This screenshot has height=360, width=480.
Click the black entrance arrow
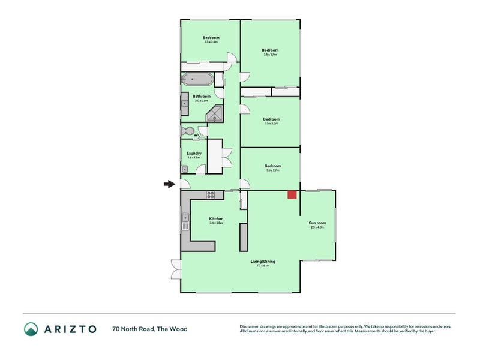(x=169, y=184)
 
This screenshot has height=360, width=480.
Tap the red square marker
(x=292, y=194)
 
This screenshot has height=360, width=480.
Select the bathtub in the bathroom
(x=197, y=79)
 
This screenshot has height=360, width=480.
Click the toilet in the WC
(x=188, y=131)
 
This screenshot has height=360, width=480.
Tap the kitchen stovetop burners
(x=211, y=194)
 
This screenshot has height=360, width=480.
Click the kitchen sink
(x=185, y=221)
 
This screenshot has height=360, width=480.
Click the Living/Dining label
(x=263, y=262)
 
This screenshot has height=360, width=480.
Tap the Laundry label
(x=194, y=153)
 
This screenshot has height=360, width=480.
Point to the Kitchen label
(x=216, y=218)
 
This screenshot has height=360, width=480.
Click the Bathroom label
(x=201, y=96)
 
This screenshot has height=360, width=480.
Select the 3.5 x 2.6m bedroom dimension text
(x=211, y=42)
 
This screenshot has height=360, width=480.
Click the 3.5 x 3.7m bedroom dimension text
(x=270, y=55)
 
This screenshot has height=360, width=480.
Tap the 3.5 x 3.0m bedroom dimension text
(x=271, y=124)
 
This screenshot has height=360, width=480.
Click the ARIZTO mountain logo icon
(x=31, y=329)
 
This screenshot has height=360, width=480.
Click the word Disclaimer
(x=251, y=326)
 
